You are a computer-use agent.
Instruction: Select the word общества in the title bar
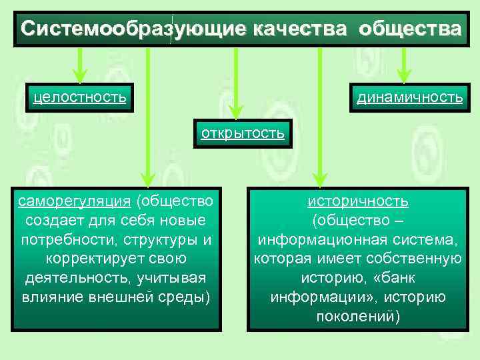click(409, 29)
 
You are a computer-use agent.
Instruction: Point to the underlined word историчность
click(358, 201)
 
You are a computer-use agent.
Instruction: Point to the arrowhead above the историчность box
click(320, 178)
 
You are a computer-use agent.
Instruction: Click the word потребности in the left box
click(61, 239)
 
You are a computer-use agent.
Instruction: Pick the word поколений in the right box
click(358, 316)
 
